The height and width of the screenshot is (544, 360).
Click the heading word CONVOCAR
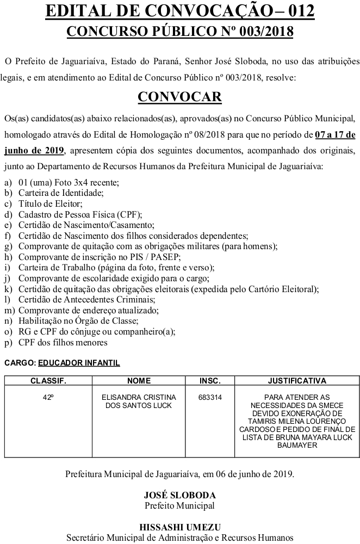tap(179, 97)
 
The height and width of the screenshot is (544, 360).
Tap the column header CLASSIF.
tap(48, 381)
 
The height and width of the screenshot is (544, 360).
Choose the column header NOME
tap(138, 381)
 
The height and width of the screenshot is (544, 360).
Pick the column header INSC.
tap(210, 381)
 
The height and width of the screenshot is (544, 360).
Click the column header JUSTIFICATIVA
tap(297, 381)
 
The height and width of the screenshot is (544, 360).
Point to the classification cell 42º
tap(48, 398)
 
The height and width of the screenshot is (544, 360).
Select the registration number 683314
tap(210, 398)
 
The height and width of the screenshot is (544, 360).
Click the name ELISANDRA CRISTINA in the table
tap(138, 398)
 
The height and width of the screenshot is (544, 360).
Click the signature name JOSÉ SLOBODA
tap(179, 496)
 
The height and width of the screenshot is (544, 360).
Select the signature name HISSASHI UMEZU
tap(179, 527)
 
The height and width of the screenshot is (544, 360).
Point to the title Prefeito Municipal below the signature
tap(179, 505)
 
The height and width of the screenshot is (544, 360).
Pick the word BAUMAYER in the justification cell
tap(297, 446)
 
